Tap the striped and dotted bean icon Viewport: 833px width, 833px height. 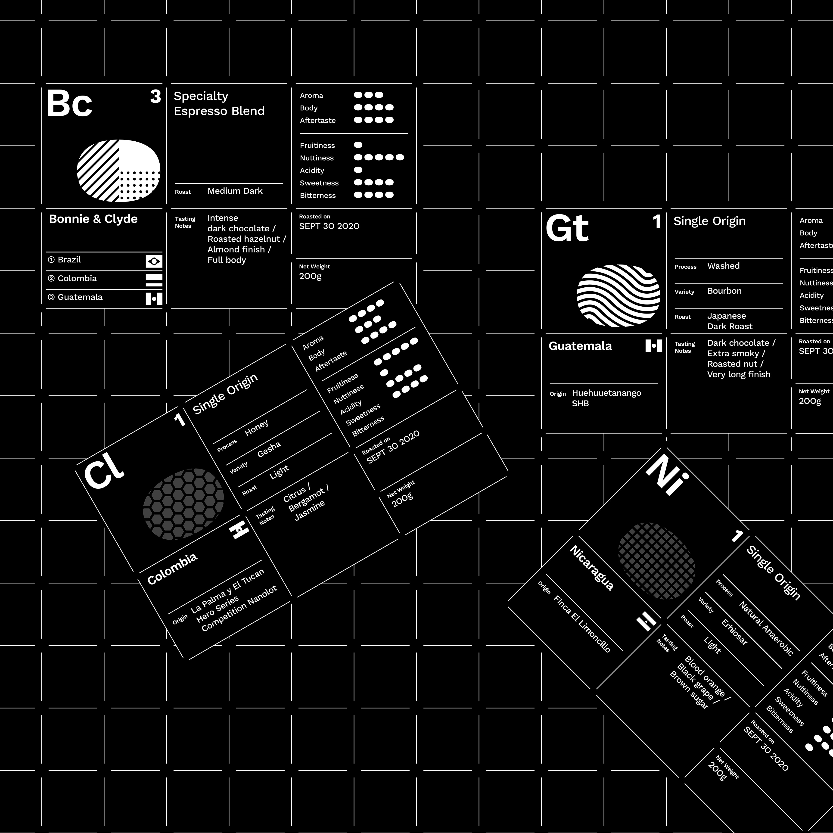(118, 170)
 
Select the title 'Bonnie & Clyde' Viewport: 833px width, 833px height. (93, 219)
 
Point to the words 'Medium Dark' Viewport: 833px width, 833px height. (235, 191)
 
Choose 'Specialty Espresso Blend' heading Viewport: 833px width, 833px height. (219, 103)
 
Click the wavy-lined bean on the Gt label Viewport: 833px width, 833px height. (618, 295)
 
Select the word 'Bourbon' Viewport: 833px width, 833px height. (724, 291)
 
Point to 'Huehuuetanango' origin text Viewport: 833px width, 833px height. (606, 393)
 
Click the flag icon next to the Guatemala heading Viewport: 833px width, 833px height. (653, 346)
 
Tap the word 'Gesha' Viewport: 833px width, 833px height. (269, 449)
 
